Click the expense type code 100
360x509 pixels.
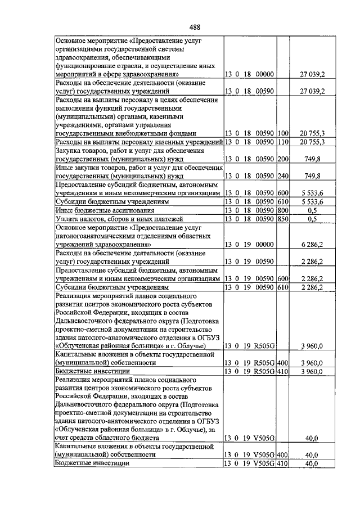(x=283, y=133)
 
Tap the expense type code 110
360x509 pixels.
(x=283, y=142)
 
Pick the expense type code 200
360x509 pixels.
(x=283, y=159)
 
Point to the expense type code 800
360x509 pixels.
(x=283, y=210)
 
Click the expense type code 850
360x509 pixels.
(x=283, y=219)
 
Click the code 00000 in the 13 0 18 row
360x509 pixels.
(x=263, y=74)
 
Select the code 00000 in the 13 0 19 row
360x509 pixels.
(x=263, y=245)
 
